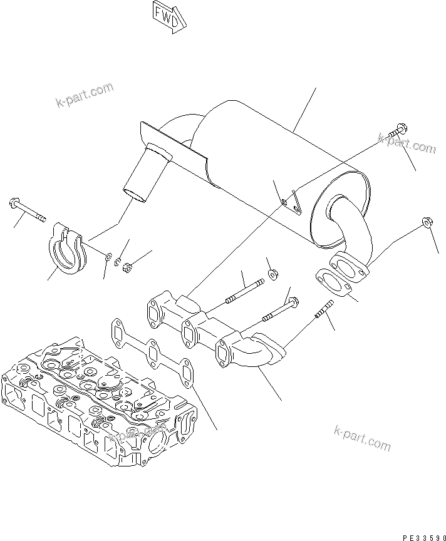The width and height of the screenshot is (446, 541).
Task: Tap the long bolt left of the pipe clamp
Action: point(28,210)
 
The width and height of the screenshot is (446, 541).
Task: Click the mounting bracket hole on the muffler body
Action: point(285,202)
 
